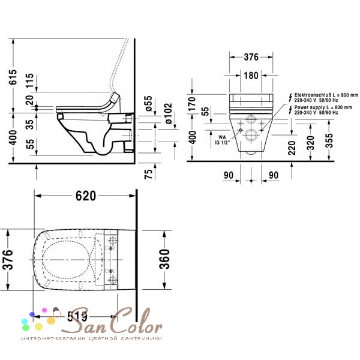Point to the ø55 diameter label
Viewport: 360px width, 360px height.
149,104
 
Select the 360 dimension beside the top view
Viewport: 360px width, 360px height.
164,259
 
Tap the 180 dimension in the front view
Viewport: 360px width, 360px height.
251,76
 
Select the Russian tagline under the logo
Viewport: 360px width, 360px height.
91,338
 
